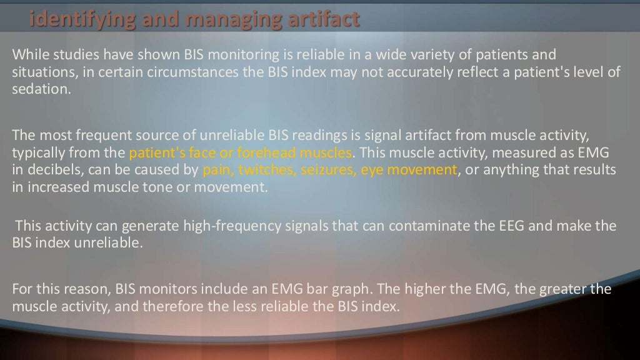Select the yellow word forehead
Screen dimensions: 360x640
(x=269, y=153)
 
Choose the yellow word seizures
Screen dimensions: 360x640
(x=318, y=170)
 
